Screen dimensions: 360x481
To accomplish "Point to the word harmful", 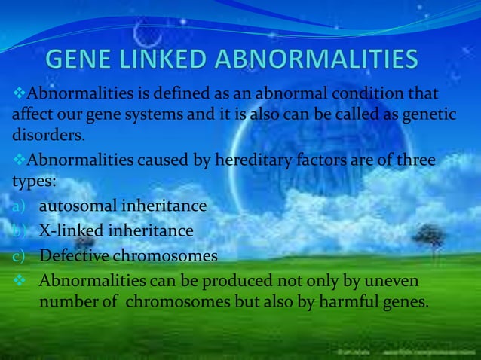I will (x=339, y=303).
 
